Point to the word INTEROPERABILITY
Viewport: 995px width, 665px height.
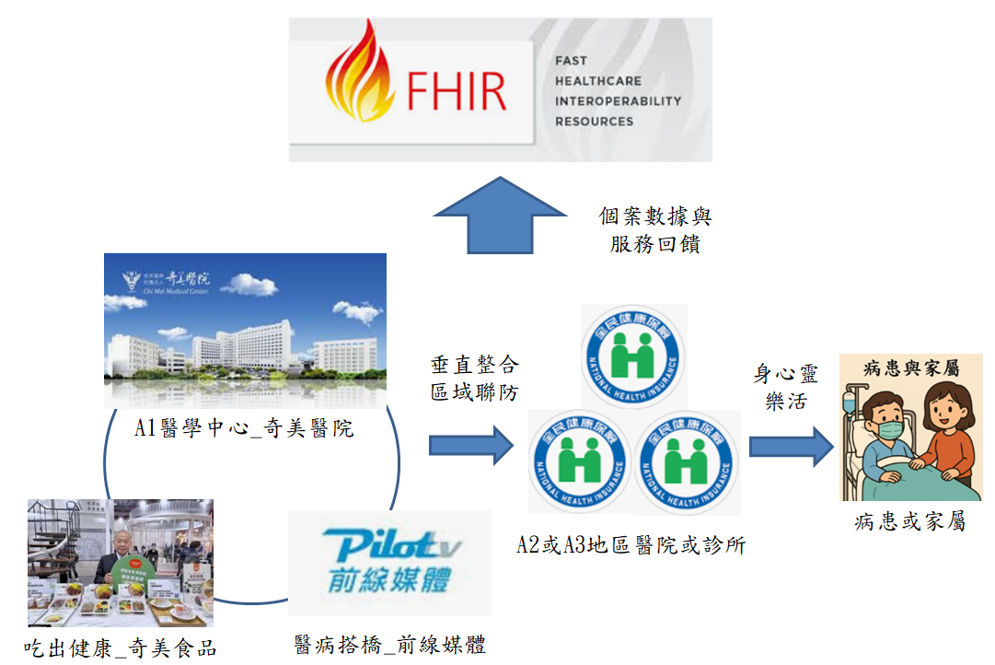[618, 101]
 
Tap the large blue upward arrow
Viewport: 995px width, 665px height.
[500, 216]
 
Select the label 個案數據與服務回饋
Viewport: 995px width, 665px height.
[654, 230]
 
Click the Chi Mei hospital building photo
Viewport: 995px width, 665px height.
[245, 331]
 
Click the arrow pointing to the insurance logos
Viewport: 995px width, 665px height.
[470, 446]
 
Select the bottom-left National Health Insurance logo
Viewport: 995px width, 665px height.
[581, 461]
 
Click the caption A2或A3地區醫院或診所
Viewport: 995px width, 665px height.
[631, 544]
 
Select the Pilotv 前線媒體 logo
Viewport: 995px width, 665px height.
[390, 562]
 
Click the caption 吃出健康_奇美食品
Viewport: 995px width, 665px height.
[121, 647]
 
